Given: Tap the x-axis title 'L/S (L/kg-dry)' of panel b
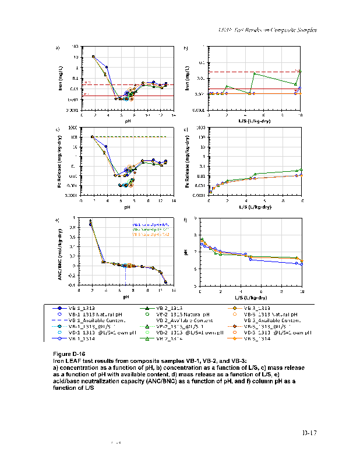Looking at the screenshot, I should point(255,118).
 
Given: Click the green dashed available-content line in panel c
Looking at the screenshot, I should point(134,137).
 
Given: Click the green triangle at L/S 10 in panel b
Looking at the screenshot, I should point(300,71).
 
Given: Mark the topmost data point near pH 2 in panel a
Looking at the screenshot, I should point(93,57).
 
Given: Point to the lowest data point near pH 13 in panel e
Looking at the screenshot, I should point(166,282).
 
